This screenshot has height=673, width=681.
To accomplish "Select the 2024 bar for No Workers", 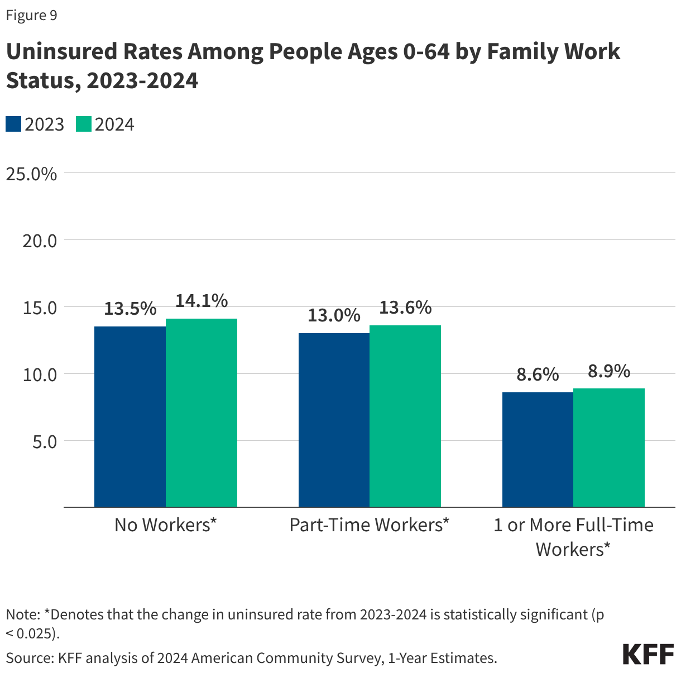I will tap(202, 412).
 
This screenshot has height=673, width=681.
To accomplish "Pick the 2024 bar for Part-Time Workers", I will tap(405, 416).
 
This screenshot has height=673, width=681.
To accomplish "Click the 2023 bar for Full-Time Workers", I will tap(538, 449).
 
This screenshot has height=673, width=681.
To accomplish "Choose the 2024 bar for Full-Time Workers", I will tap(609, 447).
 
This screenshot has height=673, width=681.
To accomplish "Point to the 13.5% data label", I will tap(130, 309).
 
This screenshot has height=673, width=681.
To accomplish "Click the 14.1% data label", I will tap(202, 301).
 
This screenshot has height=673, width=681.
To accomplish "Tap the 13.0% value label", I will tap(334, 315).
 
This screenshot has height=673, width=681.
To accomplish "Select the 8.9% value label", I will tap(609, 371).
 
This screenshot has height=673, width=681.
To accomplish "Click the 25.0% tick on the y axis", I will tap(31, 174).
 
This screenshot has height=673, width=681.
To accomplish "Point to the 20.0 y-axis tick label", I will tap(40, 241).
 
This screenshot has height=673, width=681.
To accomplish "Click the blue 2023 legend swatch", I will tap(13, 124).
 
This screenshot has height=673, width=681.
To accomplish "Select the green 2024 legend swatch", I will tap(84, 124).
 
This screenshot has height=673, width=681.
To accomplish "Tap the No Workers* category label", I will tap(165, 525).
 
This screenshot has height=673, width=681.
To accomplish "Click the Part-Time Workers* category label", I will tap(369, 525).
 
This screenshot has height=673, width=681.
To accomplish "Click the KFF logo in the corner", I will tap(648, 653).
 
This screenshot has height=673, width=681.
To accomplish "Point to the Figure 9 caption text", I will tap(31, 15).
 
